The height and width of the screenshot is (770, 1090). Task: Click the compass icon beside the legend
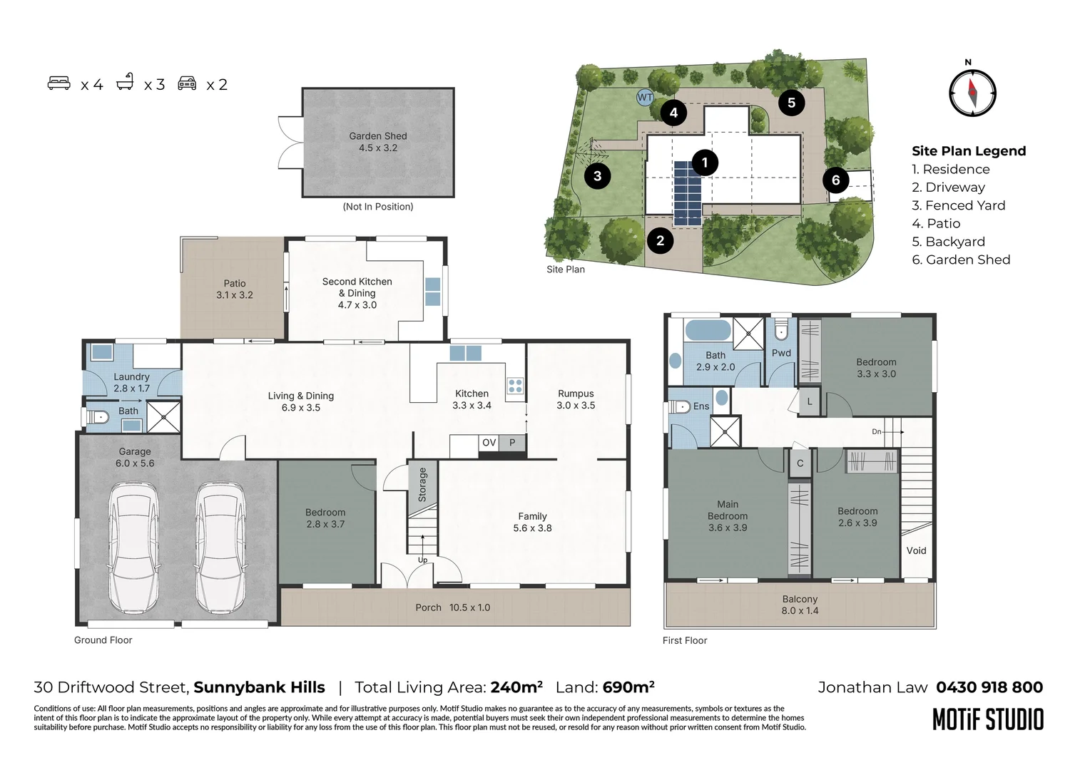pyautogui.click(x=972, y=93)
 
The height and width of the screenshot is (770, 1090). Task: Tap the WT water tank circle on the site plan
pyautogui.click(x=645, y=97)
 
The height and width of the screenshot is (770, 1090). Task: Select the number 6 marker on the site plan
pyautogui.click(x=835, y=180)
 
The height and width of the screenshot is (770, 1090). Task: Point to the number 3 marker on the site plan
pyautogui.click(x=598, y=175)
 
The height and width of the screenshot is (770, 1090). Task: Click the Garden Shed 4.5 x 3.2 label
pyautogui.click(x=378, y=142)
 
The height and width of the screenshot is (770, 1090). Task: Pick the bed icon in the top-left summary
pyautogui.click(x=59, y=83)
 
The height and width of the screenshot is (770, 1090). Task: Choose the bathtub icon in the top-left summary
pyautogui.click(x=126, y=82)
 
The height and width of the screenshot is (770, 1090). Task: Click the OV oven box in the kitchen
pyautogui.click(x=489, y=443)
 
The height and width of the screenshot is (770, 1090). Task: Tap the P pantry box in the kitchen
pyautogui.click(x=512, y=443)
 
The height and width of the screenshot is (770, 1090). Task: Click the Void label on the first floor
pyautogui.click(x=916, y=550)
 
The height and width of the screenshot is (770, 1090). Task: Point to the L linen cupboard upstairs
pyautogui.click(x=810, y=401)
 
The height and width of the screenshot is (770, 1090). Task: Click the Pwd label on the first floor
pyautogui.click(x=781, y=353)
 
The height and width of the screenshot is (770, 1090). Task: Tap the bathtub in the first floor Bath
pyautogui.click(x=708, y=330)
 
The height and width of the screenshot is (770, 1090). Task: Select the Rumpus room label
pyautogui.click(x=576, y=399)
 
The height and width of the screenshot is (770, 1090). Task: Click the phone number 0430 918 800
pyautogui.click(x=989, y=687)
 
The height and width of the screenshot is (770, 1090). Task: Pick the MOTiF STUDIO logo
pyautogui.click(x=988, y=719)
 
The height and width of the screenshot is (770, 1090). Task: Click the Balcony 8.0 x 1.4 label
pyautogui.click(x=800, y=605)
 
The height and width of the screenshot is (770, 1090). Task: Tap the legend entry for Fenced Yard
pyautogui.click(x=958, y=205)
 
